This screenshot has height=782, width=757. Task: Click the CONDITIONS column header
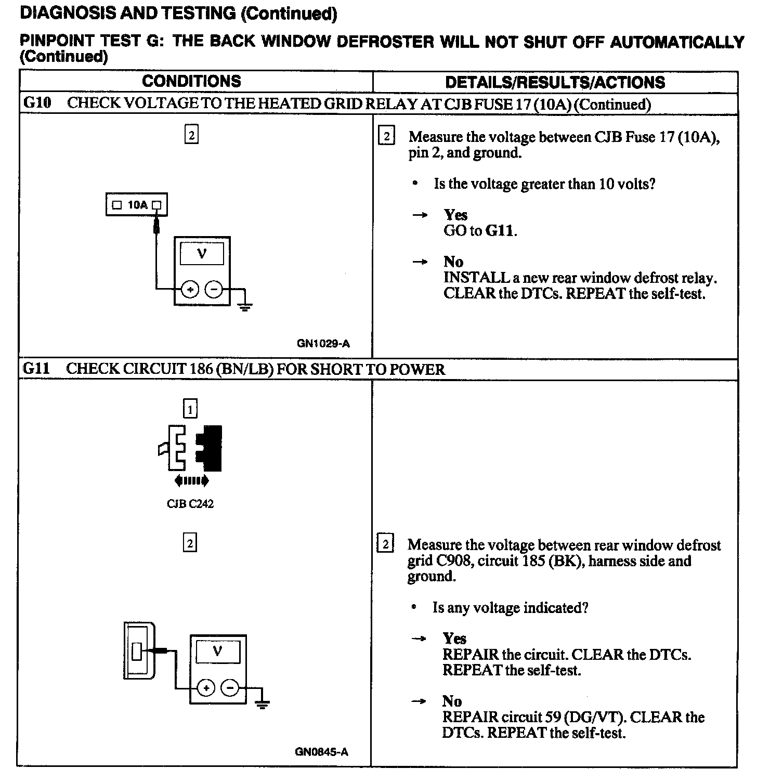pos(191,81)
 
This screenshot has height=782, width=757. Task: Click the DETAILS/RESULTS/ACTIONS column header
pos(555,82)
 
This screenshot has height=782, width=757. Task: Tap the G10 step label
pos(37,103)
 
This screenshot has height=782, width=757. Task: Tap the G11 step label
pos(37,369)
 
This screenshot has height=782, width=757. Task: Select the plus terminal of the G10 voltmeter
pos(190,290)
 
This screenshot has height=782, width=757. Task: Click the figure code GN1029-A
pos(323,344)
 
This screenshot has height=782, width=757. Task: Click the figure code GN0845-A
pos(322,752)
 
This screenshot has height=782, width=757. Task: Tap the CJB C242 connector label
pos(190,504)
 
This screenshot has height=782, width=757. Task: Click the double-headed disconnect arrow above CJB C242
pos(192,481)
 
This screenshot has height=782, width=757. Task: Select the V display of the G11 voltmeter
pos(217,651)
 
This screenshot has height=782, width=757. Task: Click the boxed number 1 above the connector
pos(190,410)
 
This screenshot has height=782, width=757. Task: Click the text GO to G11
pos(480,230)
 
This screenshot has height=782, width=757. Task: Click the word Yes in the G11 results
pos(454,638)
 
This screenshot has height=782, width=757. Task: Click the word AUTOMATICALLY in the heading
pos(676,42)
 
